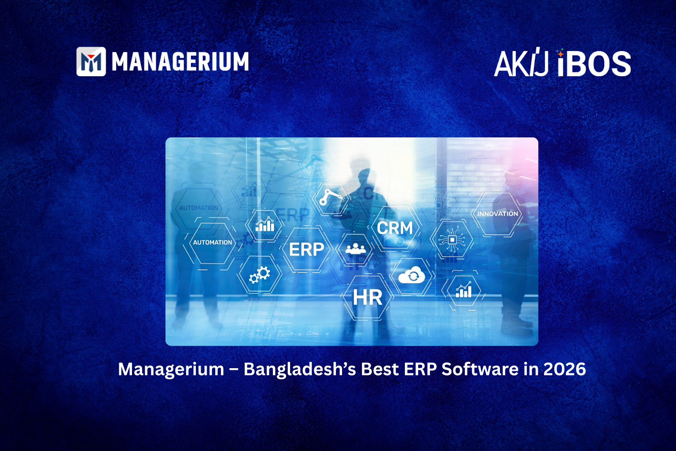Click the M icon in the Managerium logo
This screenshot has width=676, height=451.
point(91,62)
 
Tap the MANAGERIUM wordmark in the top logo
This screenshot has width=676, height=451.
point(180,62)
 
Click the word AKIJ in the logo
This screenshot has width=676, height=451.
point(521,64)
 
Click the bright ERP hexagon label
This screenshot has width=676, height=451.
point(306,250)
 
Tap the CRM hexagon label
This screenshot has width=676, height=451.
point(395,228)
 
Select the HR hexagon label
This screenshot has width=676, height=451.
point(367,298)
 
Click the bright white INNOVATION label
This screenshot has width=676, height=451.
point(497,214)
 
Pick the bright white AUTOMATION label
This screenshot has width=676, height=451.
point(212,243)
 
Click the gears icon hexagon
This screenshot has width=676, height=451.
point(260,275)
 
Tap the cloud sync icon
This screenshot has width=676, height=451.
point(411,276)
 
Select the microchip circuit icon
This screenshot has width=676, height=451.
point(452,240)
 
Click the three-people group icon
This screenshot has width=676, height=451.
point(355,249)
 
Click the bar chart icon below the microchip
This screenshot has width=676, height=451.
point(463,291)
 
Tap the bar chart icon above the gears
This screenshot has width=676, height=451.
point(265,225)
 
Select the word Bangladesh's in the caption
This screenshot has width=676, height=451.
point(299,369)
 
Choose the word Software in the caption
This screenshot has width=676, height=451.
point(480,369)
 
